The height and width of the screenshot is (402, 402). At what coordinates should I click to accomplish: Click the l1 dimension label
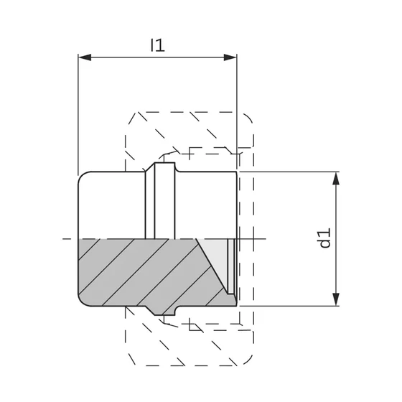click(157, 45)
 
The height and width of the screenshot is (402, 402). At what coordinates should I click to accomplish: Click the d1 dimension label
click(326, 238)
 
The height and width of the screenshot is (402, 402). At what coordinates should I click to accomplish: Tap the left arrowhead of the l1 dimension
click(85, 57)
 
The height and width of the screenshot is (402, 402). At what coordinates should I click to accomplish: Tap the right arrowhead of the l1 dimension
click(230, 57)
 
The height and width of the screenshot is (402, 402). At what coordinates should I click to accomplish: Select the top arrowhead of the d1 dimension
click(336, 179)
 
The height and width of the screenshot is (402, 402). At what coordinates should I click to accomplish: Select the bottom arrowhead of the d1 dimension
click(336, 299)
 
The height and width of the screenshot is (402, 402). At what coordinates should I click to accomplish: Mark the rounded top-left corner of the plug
click(82, 175)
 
